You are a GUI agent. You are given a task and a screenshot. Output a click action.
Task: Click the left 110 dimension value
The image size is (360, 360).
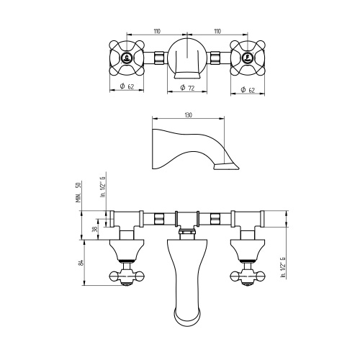[157, 31]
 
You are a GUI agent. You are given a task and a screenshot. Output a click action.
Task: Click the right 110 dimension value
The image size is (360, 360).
[217, 31]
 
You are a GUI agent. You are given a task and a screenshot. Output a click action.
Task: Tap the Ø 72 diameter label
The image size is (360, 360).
[187, 88]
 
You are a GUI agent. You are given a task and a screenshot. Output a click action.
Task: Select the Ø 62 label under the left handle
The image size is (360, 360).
[127, 86]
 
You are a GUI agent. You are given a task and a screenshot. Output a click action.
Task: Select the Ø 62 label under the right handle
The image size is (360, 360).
[248, 90]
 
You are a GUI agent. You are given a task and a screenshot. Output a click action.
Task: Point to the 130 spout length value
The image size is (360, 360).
[189, 115]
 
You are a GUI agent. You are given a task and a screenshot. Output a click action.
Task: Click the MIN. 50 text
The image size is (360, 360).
[78, 192]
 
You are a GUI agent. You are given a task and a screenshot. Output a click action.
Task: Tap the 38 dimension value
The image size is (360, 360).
[95, 229]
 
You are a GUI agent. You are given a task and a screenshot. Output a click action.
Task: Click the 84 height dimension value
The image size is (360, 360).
[81, 263]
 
